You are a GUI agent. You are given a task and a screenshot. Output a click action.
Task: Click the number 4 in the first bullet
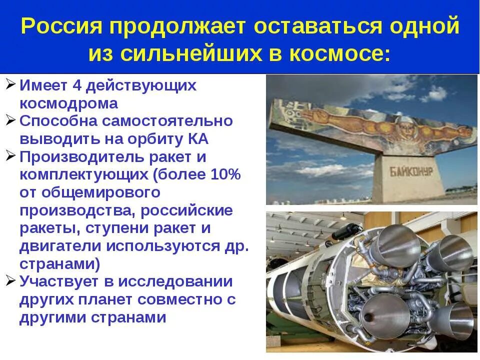click(77, 85)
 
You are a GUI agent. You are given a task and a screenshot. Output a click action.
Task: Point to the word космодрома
click(69, 103)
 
